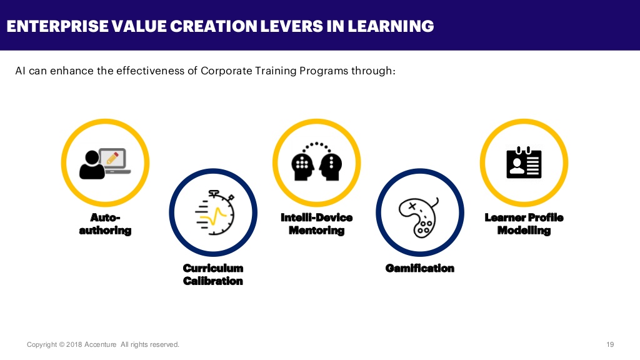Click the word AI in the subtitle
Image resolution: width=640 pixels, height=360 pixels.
[21, 71]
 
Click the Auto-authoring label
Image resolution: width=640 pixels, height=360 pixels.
[105, 224]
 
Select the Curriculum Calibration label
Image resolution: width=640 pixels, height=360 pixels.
[213, 274]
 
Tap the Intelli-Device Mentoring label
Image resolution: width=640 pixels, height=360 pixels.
[317, 224]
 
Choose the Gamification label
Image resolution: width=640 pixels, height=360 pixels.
[419, 268]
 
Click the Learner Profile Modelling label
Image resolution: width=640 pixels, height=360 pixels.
[524, 224]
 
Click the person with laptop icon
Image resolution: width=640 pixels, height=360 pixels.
[105, 163]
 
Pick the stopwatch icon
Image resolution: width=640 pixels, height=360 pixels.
[214, 213]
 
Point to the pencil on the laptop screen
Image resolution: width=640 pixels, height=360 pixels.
[112, 157]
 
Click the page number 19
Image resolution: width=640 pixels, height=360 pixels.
[610, 344]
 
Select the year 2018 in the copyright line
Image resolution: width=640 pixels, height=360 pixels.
[74, 344]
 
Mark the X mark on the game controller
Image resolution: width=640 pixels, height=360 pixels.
[411, 205]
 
